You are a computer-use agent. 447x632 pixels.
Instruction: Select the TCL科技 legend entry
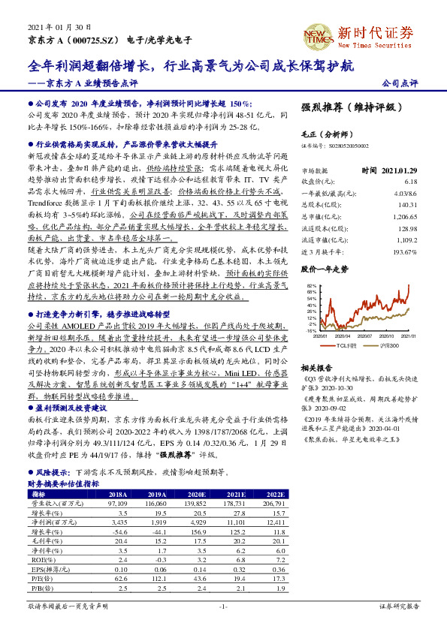click(x=346, y=346)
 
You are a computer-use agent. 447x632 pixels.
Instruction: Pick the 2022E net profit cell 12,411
click(x=275, y=519)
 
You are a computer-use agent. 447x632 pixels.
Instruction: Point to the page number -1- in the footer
click(x=222, y=605)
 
